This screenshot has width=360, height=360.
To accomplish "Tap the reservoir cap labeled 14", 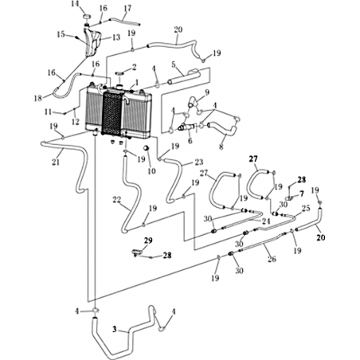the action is pos(87,17).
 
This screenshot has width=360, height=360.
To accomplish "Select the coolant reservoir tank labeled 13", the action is pos(92,43).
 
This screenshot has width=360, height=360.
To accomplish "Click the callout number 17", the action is pos(127,8).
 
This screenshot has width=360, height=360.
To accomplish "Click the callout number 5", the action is pos(174,65).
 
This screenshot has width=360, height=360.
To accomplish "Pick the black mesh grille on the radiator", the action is pos(112,112).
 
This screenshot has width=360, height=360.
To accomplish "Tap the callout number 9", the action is pos(207,92).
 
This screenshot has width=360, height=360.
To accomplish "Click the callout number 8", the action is pos(221,147).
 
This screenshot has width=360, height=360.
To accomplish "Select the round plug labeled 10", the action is pos(146,147).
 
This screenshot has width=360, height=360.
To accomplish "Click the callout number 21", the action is pos(56,162).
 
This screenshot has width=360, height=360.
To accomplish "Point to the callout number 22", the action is pos(117,200).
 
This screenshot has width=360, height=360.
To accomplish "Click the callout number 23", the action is pos(199,162).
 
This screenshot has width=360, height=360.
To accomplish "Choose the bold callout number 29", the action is pos(148,241).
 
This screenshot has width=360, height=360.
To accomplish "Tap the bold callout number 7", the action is pos(302,194).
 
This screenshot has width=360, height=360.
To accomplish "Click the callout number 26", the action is pos(272,258).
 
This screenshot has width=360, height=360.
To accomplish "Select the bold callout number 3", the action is pos(115,330).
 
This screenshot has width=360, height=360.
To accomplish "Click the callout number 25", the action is pos(306,208).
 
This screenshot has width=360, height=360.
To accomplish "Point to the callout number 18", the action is pos(38,98).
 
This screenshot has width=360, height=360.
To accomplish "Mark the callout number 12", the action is pos(76,122).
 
